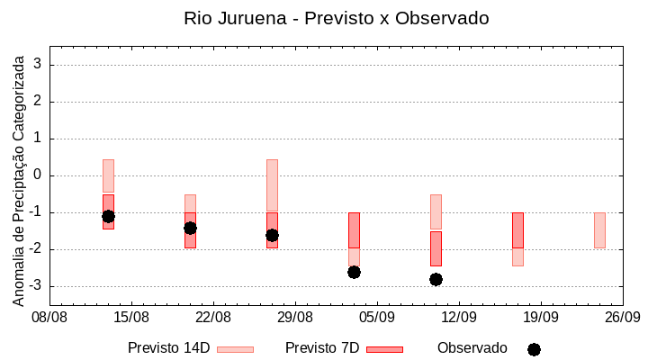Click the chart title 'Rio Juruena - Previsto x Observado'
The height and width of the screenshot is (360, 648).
tap(337, 18)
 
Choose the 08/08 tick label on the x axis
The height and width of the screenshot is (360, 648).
tap(49, 317)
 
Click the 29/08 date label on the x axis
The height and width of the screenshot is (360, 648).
tap(295, 317)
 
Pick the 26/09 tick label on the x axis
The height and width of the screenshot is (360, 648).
tap(622, 317)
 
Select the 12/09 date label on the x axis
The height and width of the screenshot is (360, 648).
tap(459, 317)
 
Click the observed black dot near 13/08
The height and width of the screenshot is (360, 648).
tap(108, 216)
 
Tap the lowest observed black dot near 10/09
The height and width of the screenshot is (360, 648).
tap(436, 279)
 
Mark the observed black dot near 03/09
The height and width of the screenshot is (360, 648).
tap(354, 272)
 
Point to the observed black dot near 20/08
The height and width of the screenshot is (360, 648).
tap(190, 228)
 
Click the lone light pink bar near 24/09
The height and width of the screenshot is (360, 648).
tap(599, 230)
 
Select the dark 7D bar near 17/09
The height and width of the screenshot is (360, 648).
tap(517, 230)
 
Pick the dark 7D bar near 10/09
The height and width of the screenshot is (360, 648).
tap(436, 248)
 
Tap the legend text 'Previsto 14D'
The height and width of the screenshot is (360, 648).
tap(169, 348)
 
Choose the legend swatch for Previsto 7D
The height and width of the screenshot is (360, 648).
tap(384, 349)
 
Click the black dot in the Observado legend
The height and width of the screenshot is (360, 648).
tap(534, 349)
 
